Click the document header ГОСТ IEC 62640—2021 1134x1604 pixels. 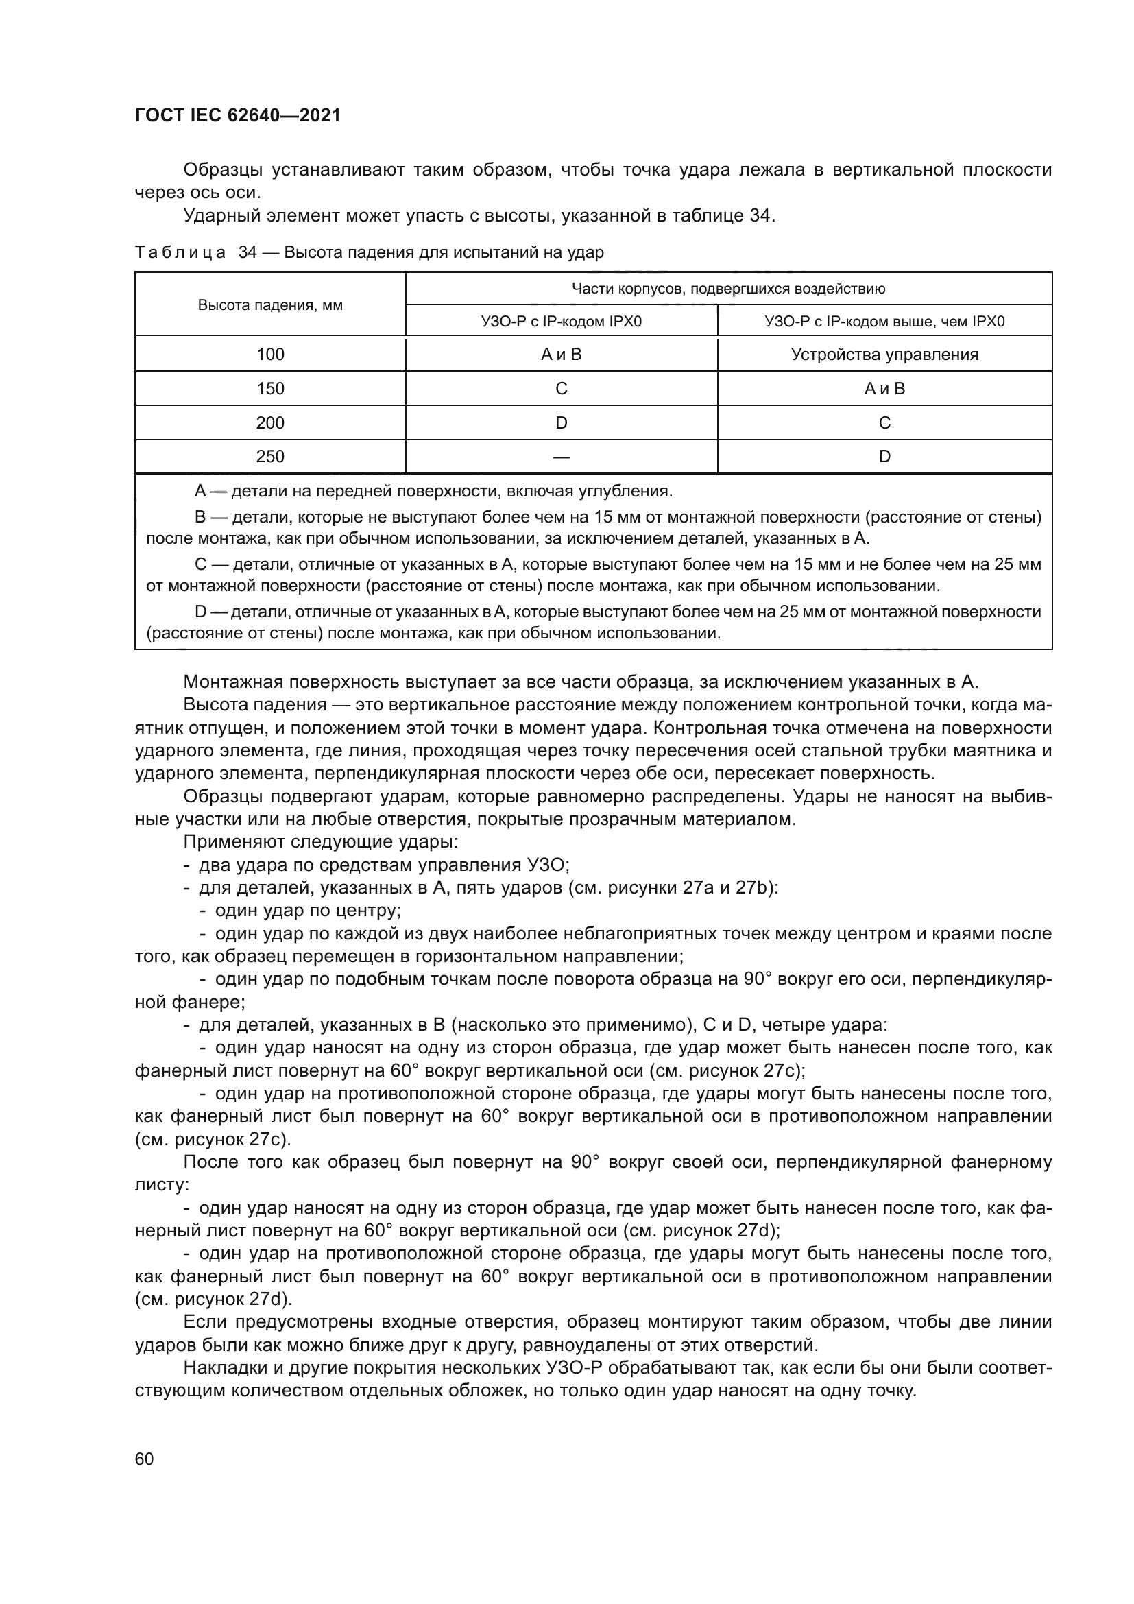pos(237,116)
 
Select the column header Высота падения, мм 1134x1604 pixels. pos(270,305)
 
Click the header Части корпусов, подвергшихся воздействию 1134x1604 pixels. pos(728,289)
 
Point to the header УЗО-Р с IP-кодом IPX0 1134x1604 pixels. pos(561,322)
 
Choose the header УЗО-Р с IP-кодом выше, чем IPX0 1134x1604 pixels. pos(884,322)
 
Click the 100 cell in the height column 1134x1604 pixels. pos(270,354)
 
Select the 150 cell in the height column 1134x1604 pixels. pos(270,388)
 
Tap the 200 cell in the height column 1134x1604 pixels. pos(270,422)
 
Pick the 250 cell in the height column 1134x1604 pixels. pos(270,456)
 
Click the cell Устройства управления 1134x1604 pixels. pos(884,354)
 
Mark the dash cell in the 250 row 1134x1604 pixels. pos(561,457)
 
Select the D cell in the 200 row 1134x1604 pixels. pos(561,422)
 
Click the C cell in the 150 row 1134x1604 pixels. pos(561,388)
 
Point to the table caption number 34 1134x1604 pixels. pos(248,253)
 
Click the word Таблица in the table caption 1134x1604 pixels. pos(180,253)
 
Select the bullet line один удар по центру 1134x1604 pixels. pos(307,910)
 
